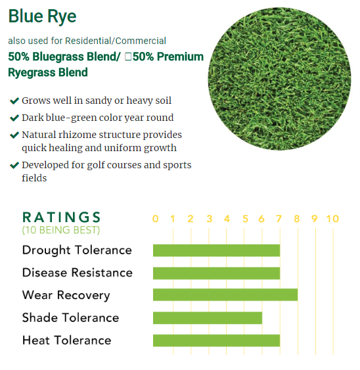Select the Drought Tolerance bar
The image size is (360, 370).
click(x=216, y=250)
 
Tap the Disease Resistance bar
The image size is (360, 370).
click(x=216, y=273)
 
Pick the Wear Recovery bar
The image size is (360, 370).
click(x=225, y=295)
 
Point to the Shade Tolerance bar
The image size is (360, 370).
click(x=208, y=318)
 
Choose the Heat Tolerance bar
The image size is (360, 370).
click(x=216, y=340)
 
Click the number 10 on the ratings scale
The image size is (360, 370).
click(x=332, y=219)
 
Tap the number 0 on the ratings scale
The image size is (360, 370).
click(x=155, y=219)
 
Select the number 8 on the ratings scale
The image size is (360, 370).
click(x=297, y=219)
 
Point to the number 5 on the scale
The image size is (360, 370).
click(x=245, y=219)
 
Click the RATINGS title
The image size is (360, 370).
click(x=62, y=218)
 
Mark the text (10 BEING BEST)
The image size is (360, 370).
click(x=61, y=231)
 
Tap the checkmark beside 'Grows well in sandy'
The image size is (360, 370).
click(x=14, y=101)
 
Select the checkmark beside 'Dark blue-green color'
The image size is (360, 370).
click(x=14, y=118)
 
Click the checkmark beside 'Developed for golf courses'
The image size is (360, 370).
click(x=14, y=165)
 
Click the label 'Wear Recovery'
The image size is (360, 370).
click(x=66, y=295)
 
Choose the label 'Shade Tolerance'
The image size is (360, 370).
click(x=70, y=318)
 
